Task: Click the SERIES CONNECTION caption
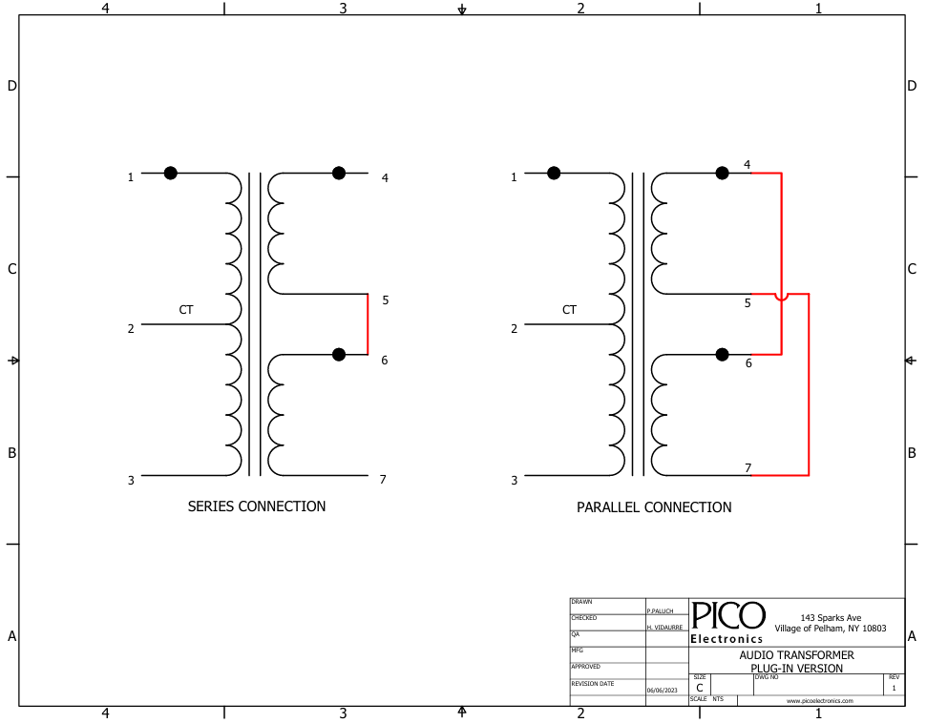tap(257, 506)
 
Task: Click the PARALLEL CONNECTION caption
tap(654, 507)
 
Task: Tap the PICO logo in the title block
tap(727, 615)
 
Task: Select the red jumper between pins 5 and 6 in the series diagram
tap(368, 324)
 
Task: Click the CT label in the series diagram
tap(186, 310)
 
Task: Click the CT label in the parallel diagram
tap(569, 310)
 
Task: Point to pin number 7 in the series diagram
tap(383, 480)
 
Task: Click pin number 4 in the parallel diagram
tap(748, 164)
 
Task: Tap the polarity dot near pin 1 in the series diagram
tap(170, 173)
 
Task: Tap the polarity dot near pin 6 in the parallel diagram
tap(722, 355)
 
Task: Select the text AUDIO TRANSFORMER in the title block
tap(796, 655)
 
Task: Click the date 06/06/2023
tap(663, 690)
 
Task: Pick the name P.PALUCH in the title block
tap(660, 611)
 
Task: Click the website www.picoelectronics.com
tap(819, 701)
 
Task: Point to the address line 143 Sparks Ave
tap(831, 618)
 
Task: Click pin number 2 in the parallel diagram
tap(515, 328)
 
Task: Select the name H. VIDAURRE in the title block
tap(664, 628)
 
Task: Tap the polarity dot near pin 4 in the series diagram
tap(339, 173)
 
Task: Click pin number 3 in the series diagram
tap(131, 481)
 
